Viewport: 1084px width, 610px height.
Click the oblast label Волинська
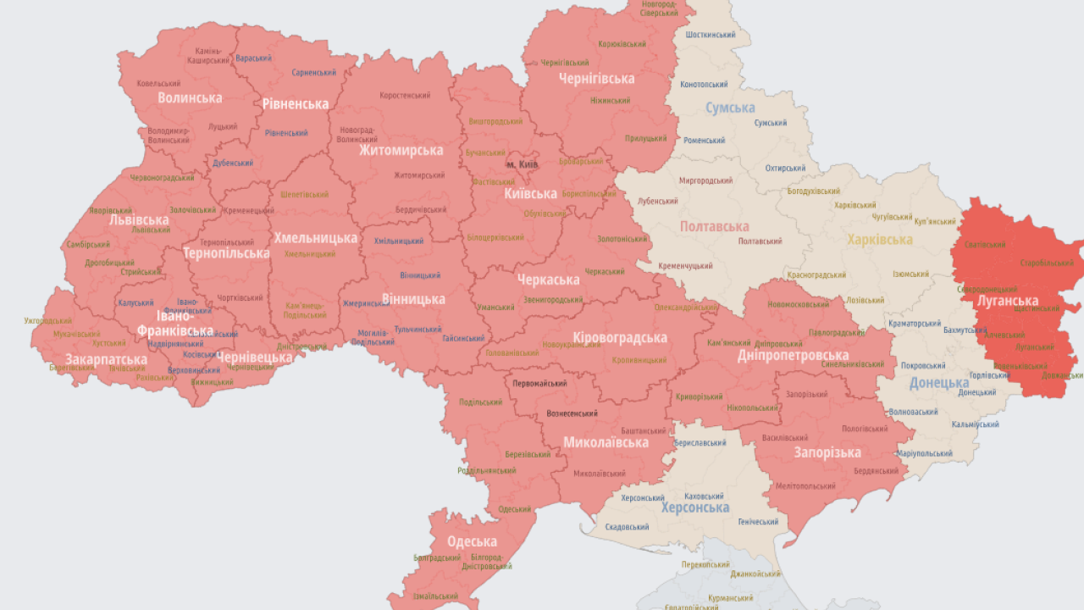[190, 97]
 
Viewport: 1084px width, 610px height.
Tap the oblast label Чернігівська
[596, 79]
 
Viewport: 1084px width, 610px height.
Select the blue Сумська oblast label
[730, 108]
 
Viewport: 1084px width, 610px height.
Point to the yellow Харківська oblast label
[880, 240]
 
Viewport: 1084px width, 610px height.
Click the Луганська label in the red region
[1007, 301]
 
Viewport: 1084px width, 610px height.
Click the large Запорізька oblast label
[827, 452]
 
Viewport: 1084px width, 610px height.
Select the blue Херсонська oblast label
[694, 507]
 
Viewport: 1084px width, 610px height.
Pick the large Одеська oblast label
[472, 542]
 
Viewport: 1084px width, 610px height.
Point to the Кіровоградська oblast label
[620, 337]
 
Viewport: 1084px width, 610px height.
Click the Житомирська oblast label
[401, 150]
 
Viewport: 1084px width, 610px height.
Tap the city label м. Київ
[522, 163]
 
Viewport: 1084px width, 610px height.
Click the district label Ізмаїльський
[436, 596]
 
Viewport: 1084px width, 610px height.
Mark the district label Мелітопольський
[804, 486]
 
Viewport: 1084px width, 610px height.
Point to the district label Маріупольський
[924, 453]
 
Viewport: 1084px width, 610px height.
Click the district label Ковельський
[158, 83]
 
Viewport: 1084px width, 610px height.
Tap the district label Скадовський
[627, 527]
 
